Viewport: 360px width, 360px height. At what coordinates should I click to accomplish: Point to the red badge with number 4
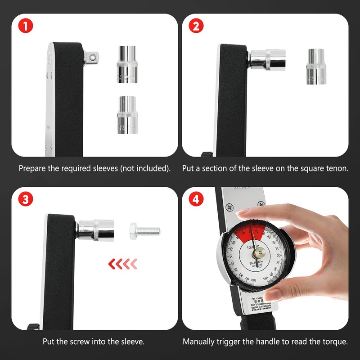click(x=195, y=199)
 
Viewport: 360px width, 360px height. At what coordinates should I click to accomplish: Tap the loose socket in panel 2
click(x=317, y=65)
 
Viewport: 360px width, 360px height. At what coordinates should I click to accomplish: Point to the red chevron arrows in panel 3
click(x=121, y=263)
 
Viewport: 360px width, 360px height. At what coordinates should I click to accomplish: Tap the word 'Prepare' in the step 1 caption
click(x=31, y=169)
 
